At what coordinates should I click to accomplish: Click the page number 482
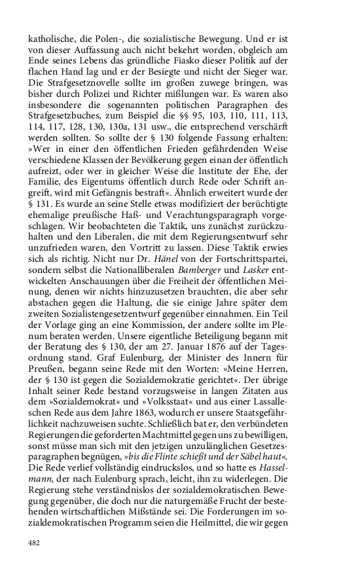point(35,542)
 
